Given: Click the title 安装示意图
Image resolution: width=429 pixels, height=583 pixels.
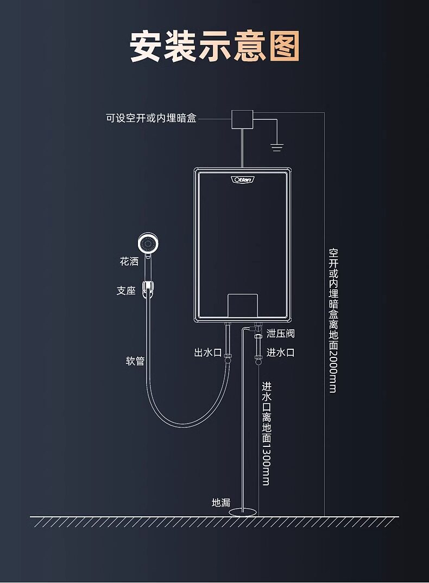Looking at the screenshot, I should click(214, 47).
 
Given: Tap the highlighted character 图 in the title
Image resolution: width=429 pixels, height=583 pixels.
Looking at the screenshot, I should click(284, 47).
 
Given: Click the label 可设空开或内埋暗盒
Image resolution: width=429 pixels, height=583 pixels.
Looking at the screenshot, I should click(151, 118).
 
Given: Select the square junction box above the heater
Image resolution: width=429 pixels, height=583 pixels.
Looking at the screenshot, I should click(242, 119).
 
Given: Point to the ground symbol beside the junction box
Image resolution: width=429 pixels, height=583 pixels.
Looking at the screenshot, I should click(277, 146).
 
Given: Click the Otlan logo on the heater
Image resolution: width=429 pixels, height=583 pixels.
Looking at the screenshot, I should click(242, 180).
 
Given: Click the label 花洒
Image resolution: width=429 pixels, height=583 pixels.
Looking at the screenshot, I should click(129, 261).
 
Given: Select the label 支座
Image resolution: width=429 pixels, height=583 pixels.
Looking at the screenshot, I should click(126, 291).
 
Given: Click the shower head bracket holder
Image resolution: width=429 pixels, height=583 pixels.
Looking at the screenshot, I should click(148, 289).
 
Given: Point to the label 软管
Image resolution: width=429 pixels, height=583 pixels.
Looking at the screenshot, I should click(135, 361).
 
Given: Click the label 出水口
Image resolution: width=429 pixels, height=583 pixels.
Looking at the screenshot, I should click(207, 353).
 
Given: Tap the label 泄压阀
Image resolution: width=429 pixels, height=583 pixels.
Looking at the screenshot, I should click(281, 333).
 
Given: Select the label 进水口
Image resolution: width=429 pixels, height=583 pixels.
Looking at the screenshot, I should click(280, 353).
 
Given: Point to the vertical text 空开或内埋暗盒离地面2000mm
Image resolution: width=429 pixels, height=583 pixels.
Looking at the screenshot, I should click(333, 320).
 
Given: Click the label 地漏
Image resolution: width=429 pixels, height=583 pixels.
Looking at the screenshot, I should click(221, 503).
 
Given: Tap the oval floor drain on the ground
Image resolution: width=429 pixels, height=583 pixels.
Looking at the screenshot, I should click(243, 511).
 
